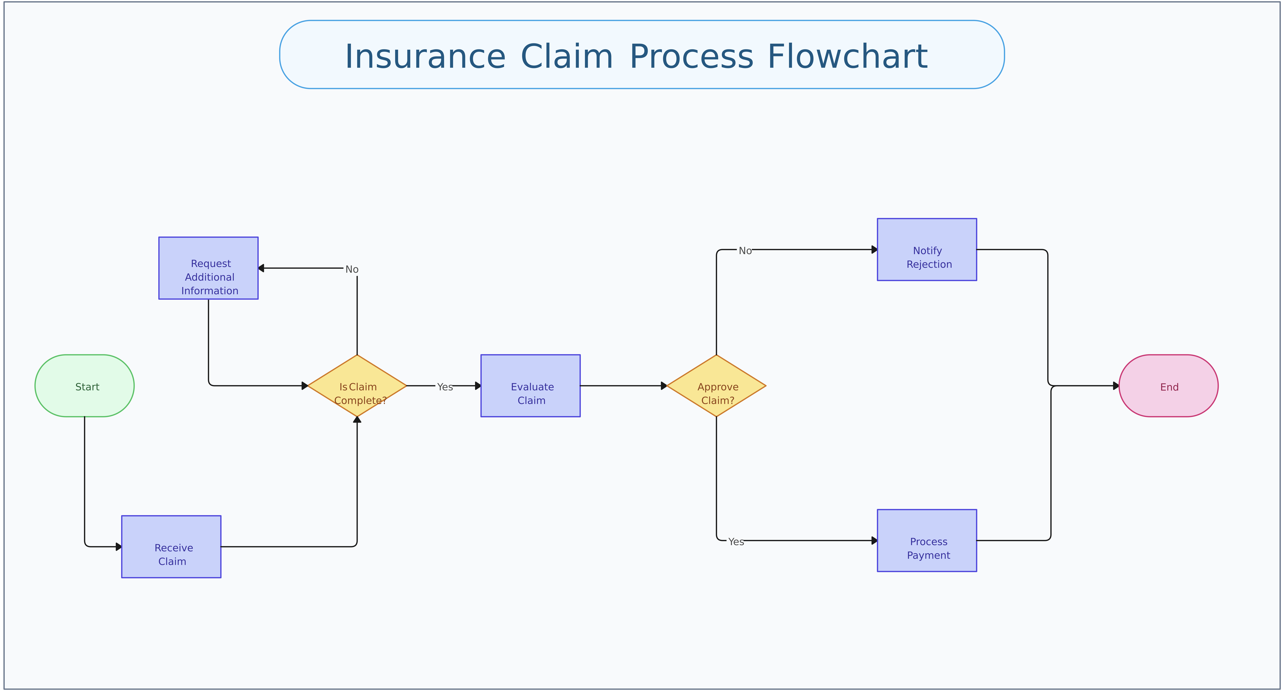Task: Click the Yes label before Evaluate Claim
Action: point(445,387)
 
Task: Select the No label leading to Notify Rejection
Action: point(745,251)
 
